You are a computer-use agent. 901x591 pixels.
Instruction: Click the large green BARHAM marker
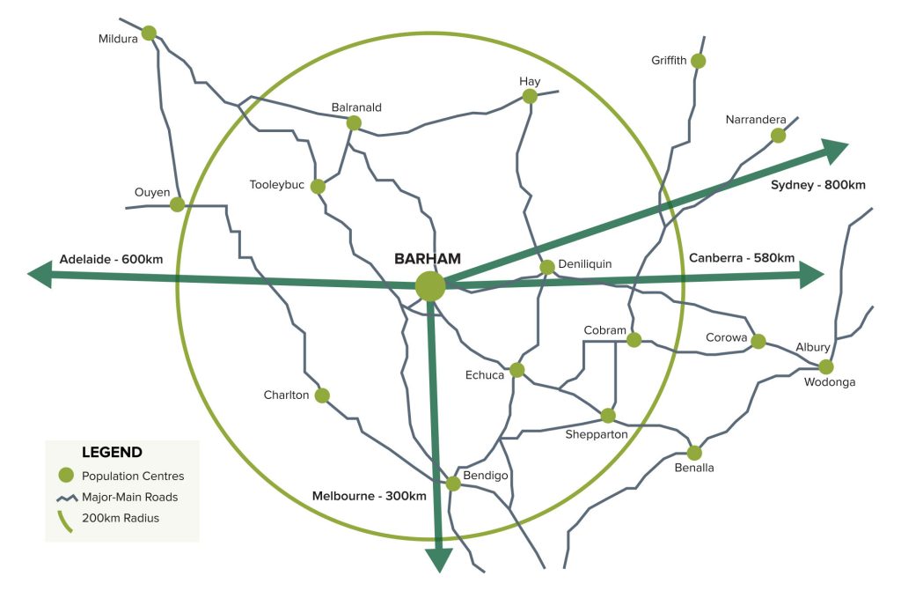[430, 286]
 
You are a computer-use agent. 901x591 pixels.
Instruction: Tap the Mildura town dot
[149, 33]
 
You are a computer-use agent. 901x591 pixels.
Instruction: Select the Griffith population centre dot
[698, 61]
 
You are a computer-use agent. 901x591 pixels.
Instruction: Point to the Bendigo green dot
[453, 484]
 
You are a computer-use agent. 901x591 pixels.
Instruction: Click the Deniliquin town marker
[546, 267]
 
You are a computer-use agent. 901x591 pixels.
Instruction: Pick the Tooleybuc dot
[318, 187]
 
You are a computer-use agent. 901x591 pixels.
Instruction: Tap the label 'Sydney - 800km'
[817, 185]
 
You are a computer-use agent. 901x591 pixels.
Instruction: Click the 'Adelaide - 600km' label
[111, 259]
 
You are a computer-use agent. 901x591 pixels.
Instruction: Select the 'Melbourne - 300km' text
[370, 496]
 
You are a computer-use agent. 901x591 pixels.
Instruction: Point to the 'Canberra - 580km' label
[742, 258]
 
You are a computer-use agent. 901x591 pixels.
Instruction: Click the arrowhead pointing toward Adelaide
[40, 275]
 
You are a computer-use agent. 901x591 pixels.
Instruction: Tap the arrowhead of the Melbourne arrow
[438, 560]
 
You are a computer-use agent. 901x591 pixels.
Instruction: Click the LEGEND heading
[112, 453]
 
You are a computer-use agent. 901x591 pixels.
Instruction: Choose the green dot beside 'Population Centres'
[64, 476]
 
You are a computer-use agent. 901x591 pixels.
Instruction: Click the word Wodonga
[829, 382]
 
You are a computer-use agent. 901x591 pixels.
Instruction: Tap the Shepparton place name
[597, 434]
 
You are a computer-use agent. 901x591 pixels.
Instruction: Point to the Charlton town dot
[322, 395]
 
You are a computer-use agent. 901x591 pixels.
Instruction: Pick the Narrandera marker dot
[778, 135]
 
